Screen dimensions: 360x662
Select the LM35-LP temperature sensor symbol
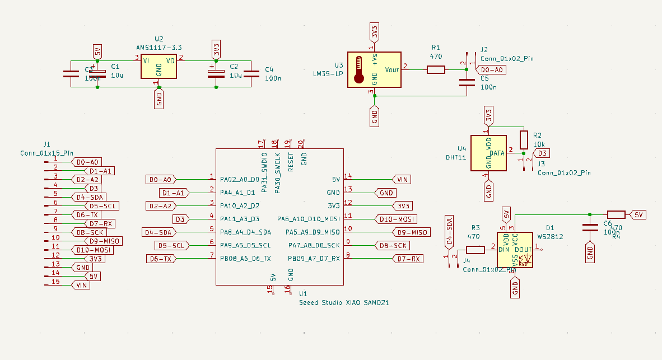click(374, 69)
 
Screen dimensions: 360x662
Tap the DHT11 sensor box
click(488, 153)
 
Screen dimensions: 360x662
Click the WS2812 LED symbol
click(516, 250)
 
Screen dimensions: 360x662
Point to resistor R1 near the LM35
click(436, 69)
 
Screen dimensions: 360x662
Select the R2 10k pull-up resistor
click(524, 139)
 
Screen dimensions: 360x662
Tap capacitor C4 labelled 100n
click(252, 73)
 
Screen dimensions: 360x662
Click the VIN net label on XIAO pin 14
click(402, 179)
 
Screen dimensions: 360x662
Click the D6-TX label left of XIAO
click(162, 259)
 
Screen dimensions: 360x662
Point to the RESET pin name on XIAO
click(291, 161)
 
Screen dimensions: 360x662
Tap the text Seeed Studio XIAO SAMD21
click(344, 302)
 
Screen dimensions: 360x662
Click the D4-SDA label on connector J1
click(88, 197)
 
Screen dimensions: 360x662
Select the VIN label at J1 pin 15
click(81, 285)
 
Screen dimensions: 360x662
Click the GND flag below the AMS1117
click(159, 100)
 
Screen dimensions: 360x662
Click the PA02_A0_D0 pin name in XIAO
click(239, 180)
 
